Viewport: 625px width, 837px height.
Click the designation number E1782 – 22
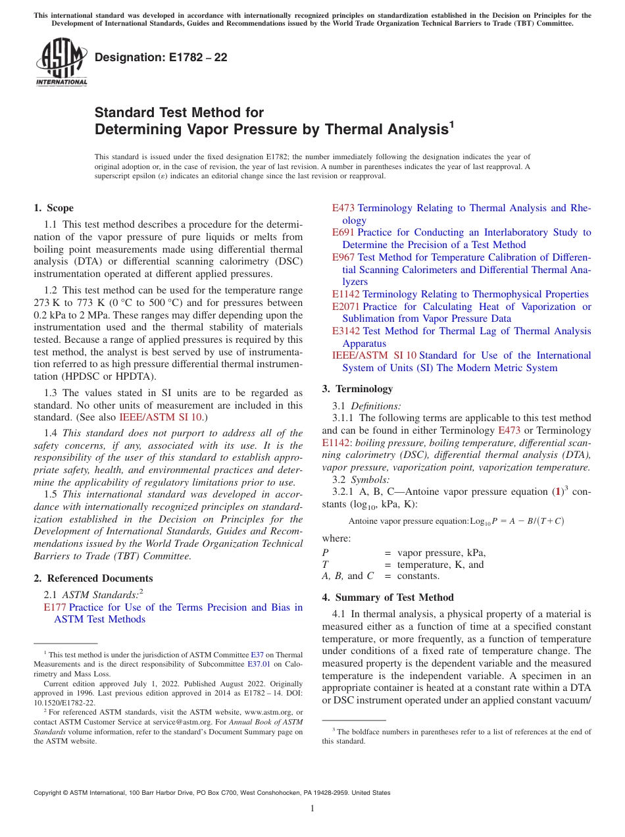point(161,58)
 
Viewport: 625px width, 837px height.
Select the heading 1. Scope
point(54,208)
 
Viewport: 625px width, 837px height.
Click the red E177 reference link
point(55,607)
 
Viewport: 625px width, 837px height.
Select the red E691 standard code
point(343,232)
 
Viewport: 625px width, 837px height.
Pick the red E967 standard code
point(343,257)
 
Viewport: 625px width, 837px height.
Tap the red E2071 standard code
point(346,307)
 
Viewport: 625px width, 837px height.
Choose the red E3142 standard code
point(346,331)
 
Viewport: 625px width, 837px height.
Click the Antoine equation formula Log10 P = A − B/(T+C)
point(516,520)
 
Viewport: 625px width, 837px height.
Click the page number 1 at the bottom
point(312,809)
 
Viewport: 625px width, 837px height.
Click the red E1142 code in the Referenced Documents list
point(346,294)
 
